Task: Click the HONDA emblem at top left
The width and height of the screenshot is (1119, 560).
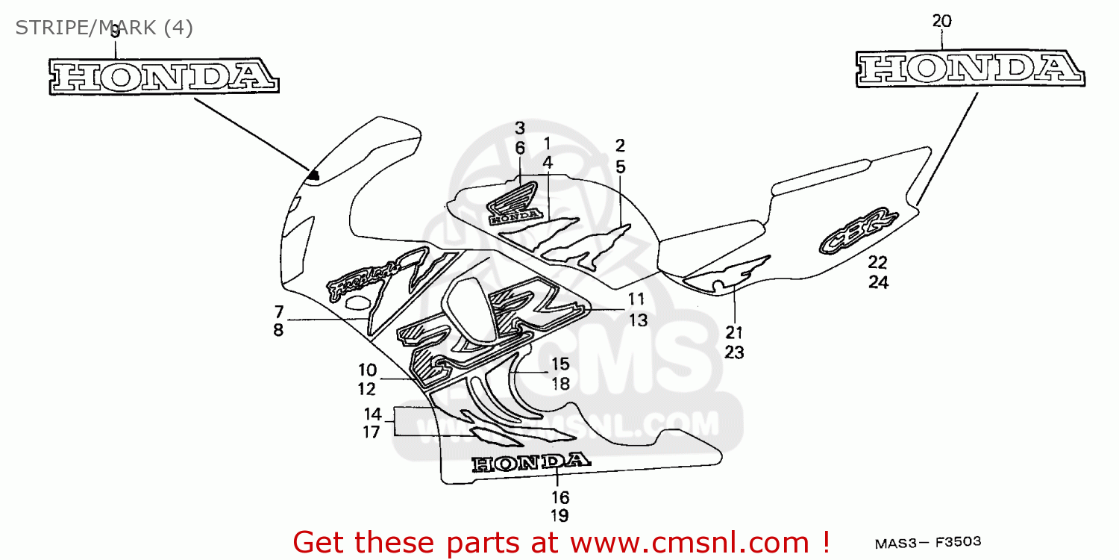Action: click(165, 76)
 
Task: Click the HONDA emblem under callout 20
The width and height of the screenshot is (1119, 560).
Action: click(971, 69)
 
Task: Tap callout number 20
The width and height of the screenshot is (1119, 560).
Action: click(941, 22)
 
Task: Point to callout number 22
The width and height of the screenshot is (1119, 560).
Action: click(878, 262)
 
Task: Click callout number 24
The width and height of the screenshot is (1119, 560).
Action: click(878, 283)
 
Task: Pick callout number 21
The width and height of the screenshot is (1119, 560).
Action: click(734, 332)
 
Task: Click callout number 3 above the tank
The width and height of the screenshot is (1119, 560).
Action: click(520, 128)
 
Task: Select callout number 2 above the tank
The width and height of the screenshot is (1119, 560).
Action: click(620, 146)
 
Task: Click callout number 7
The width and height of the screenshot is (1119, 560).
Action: click(278, 311)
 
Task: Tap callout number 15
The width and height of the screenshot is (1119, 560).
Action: click(560, 364)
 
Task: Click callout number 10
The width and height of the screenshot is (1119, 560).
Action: click(367, 369)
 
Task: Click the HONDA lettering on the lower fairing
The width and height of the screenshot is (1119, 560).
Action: click(530, 463)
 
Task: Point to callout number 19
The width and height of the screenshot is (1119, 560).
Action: click(560, 515)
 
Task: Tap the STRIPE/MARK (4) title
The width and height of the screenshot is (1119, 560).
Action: click(104, 28)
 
